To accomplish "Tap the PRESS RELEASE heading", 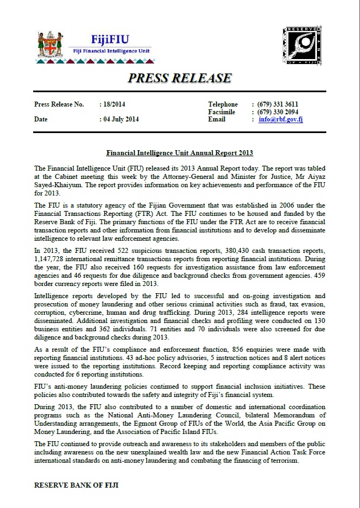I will (179, 78).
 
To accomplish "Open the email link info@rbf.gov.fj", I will (280, 119).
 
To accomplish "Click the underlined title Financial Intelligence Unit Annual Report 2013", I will (179, 153).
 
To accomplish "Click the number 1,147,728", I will (53, 260).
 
